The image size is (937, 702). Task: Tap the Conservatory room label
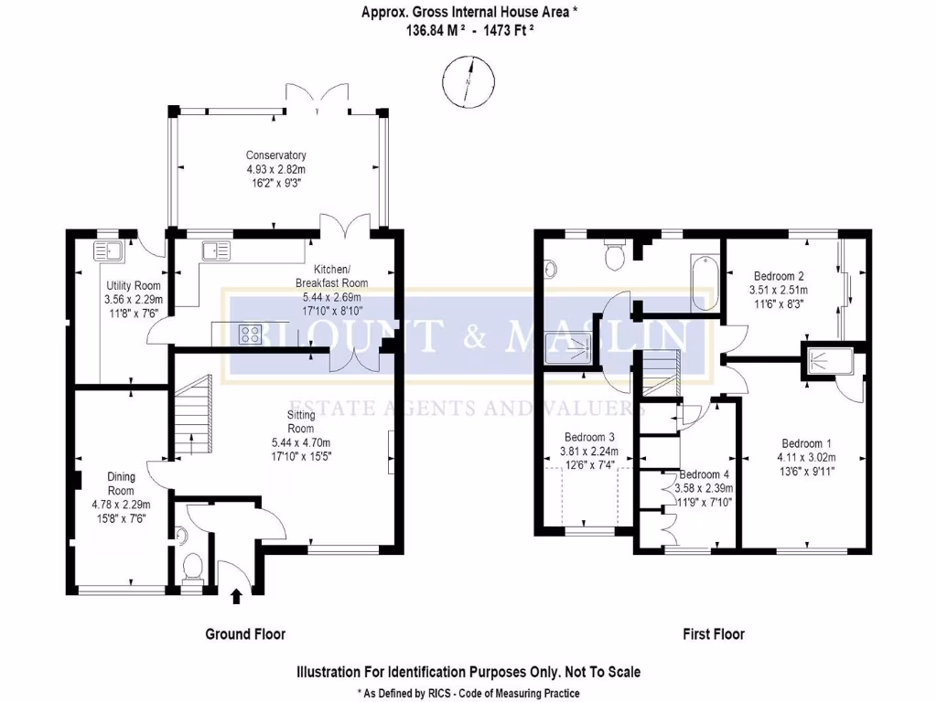click(x=275, y=155)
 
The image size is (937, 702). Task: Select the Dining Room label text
click(x=121, y=484)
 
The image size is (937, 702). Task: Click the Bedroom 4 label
click(x=704, y=474)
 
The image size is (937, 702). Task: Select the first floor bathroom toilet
click(x=615, y=256)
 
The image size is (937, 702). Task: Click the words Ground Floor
click(x=245, y=633)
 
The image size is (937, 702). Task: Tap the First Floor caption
click(x=714, y=633)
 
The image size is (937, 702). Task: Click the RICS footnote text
click(x=468, y=693)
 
